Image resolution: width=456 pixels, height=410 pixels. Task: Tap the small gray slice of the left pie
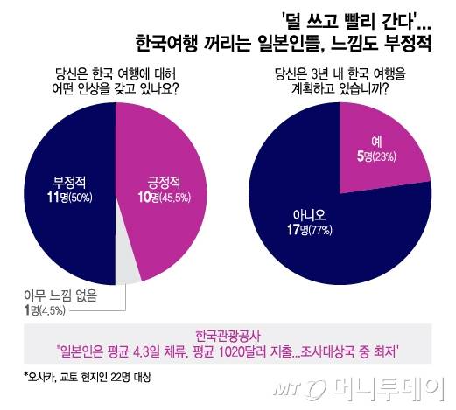click(126, 270)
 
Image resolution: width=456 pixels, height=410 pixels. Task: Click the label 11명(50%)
click(69, 198)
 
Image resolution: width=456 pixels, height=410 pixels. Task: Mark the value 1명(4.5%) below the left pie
click(39, 309)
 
